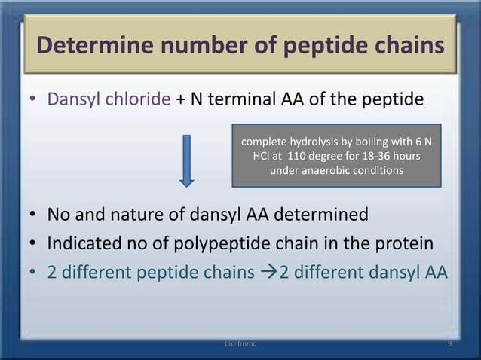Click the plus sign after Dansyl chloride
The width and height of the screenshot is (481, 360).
click(x=182, y=101)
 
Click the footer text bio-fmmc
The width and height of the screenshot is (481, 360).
click(x=240, y=343)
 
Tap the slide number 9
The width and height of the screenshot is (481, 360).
click(x=449, y=343)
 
